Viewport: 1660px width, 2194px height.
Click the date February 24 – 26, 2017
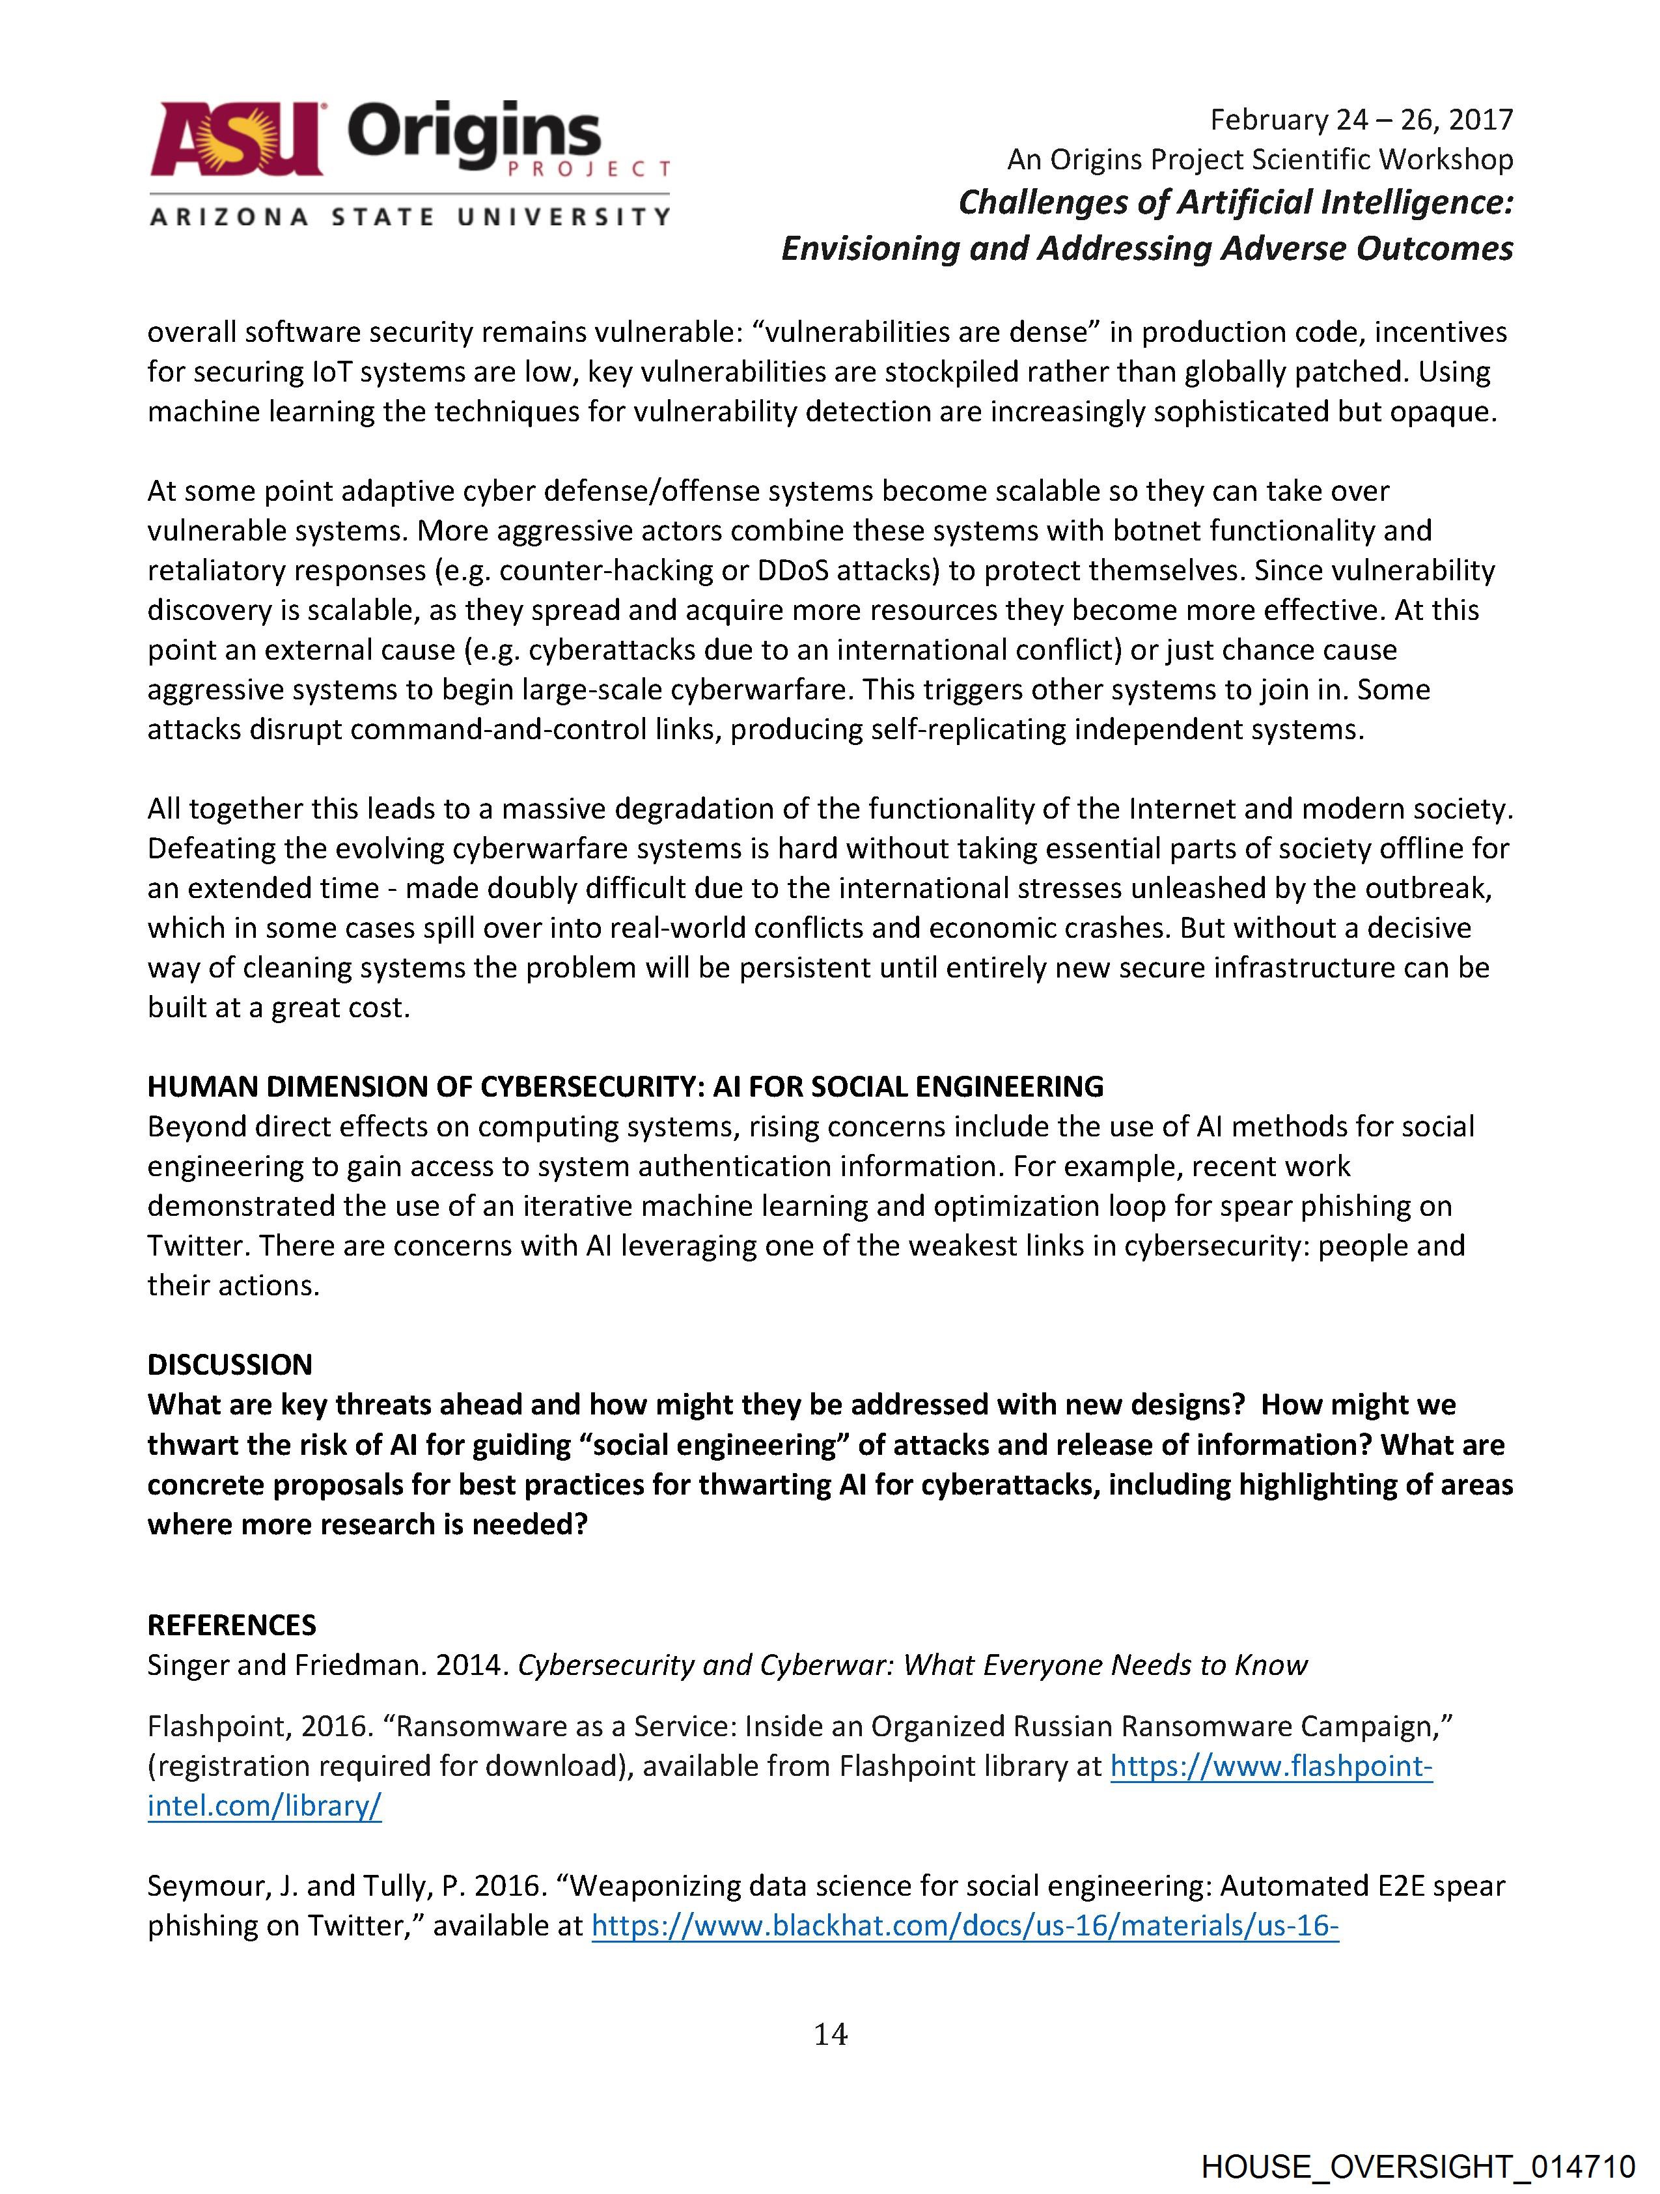[1361, 120]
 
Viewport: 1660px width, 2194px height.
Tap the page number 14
[830, 2034]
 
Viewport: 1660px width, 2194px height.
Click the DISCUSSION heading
[229, 1365]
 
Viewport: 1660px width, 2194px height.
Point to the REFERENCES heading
[231, 1625]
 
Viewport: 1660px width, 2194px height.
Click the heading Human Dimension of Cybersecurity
[625, 1087]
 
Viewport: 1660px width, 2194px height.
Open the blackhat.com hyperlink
[965, 1925]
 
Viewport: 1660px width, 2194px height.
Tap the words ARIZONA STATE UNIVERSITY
[409, 216]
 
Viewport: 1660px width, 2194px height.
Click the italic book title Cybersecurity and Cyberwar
[911, 1665]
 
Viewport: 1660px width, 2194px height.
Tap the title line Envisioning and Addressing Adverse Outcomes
[1146, 248]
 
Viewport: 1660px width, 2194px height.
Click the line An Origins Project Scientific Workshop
[1260, 160]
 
